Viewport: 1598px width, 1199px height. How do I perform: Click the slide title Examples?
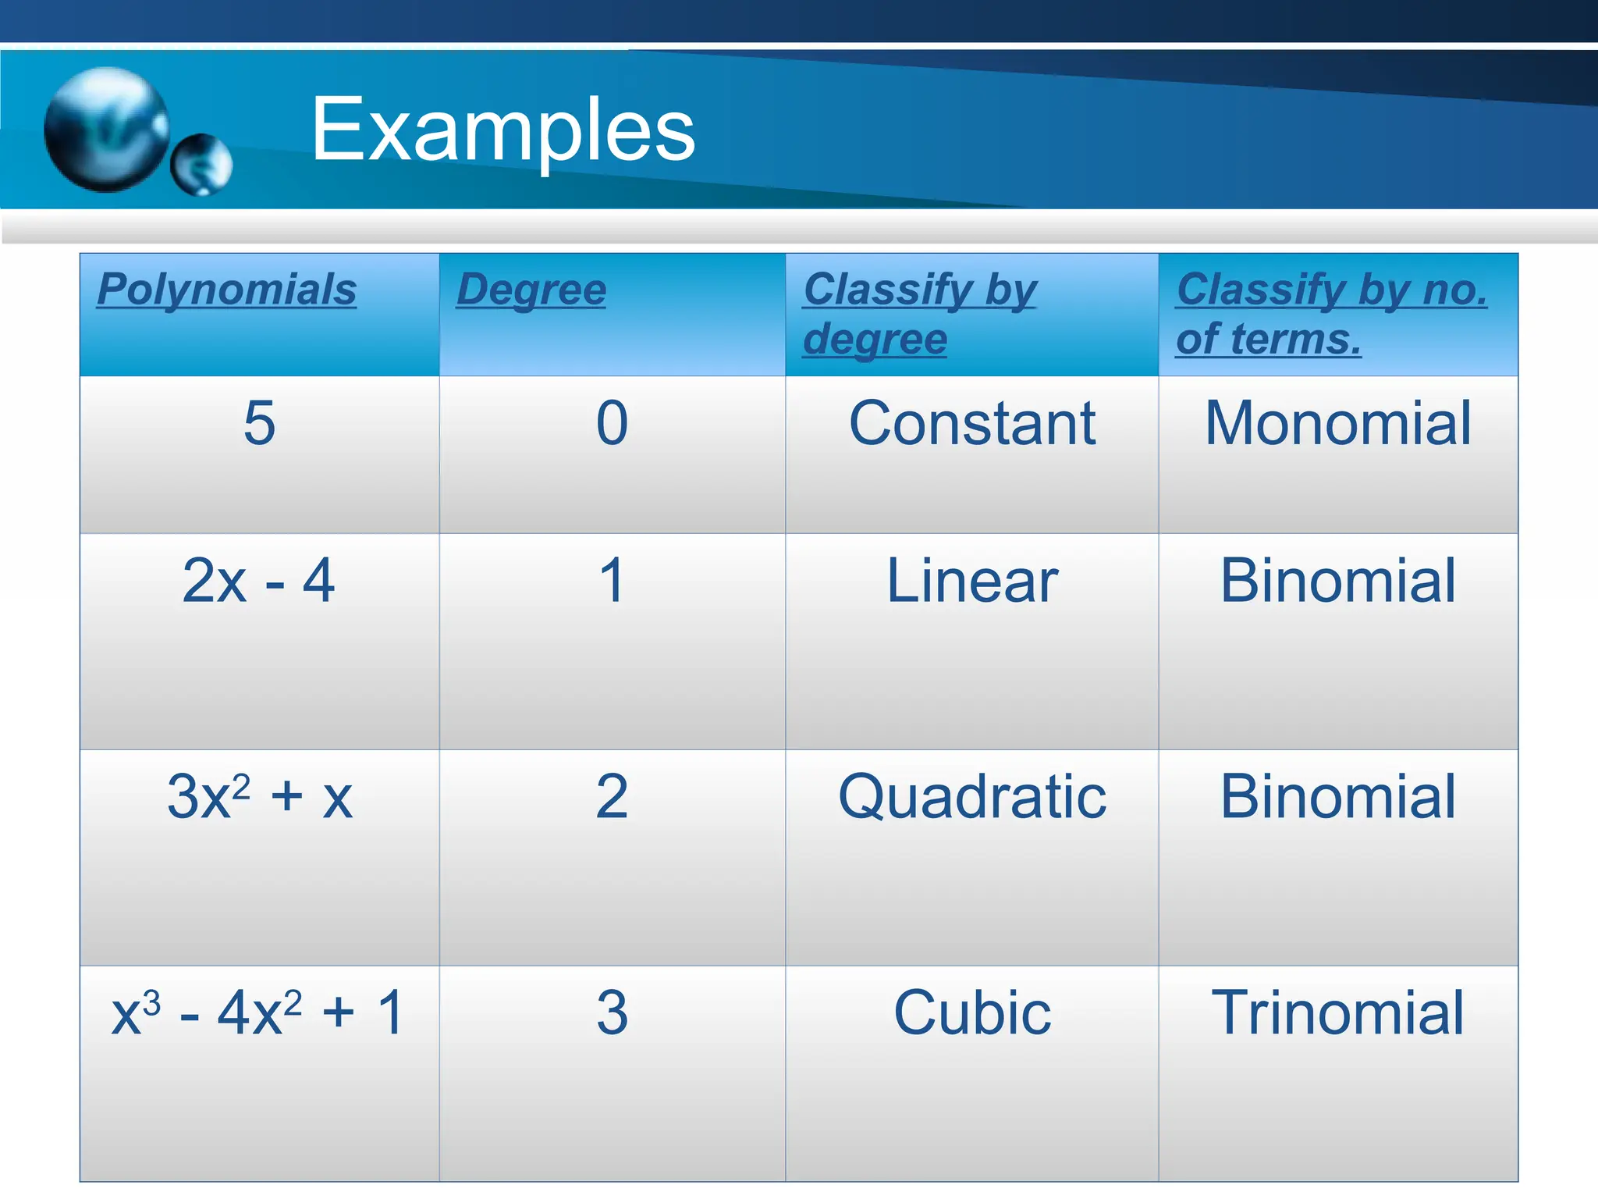502,130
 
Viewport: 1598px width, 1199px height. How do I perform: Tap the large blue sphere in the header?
106,129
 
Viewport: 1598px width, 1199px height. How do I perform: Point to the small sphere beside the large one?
201,164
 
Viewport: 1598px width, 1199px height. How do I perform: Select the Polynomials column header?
227,290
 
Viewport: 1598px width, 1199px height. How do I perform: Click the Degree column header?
531,290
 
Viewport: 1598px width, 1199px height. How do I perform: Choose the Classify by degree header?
919,314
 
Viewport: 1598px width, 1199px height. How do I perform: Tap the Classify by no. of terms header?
1331,314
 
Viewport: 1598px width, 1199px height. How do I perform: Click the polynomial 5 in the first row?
259,423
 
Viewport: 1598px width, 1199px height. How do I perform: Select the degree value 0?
612,423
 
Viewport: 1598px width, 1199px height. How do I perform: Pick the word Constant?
972,423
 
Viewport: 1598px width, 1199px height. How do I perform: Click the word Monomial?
1338,423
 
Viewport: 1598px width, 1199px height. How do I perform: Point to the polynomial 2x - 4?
259,581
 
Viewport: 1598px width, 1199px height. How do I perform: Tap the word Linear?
972,581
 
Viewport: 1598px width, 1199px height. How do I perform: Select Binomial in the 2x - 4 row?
1338,581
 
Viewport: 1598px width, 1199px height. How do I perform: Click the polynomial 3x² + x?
259,797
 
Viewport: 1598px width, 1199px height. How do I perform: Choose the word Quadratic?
972,797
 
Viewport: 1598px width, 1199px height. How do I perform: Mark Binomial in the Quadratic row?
1338,797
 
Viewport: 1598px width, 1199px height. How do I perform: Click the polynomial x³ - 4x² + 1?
259,1013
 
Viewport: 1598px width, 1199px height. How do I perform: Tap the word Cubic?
972,1013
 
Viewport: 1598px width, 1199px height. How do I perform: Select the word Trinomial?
1338,1013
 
